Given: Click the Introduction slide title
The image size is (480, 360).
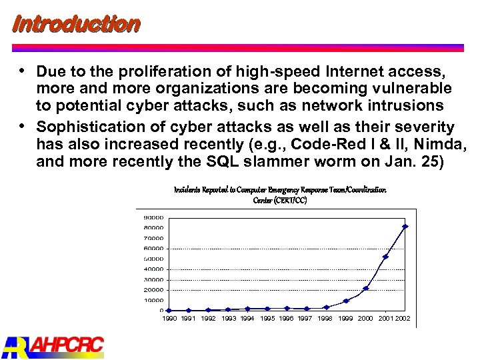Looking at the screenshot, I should [x=76, y=25].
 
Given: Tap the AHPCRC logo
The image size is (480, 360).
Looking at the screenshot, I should [x=53, y=345].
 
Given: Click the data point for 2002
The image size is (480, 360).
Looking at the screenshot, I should [x=405, y=227].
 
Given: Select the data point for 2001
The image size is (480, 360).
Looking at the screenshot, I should [x=385, y=257].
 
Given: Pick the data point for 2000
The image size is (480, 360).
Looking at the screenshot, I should [x=366, y=288].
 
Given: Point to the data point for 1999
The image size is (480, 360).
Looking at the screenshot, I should [x=346, y=301].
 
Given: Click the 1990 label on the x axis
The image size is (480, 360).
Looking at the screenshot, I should [x=170, y=319].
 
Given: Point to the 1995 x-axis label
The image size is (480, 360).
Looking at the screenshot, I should [x=267, y=319].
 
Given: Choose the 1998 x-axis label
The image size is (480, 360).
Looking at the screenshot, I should [x=325, y=319].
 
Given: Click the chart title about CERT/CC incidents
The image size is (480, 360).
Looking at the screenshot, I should [x=280, y=195].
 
